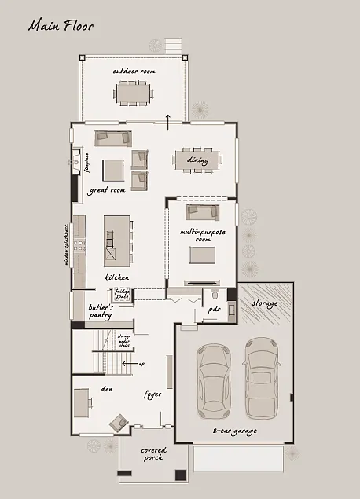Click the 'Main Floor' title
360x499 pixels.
click(61, 26)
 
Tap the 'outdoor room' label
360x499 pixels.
click(134, 72)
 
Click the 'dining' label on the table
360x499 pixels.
click(197, 160)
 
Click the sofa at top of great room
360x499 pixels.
click(112, 138)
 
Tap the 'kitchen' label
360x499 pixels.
click(117, 278)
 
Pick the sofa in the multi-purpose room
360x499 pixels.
click(202, 211)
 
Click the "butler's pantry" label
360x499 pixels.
click(101, 310)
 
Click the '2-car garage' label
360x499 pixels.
click(234, 431)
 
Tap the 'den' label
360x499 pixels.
click(108, 389)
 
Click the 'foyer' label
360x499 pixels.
click(152, 394)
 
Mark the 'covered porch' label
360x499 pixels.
click(153, 453)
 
